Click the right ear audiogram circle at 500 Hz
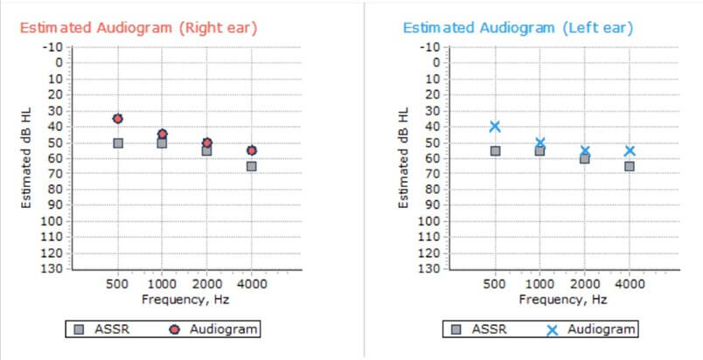pos(118,118)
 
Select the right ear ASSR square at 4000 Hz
pos(252,166)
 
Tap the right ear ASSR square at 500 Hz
pos(118,142)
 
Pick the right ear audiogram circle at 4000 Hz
pos(252,150)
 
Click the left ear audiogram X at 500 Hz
pos(495,127)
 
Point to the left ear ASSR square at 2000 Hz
pos(585,158)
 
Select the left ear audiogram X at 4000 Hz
pos(630,150)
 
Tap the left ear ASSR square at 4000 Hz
pos(630,166)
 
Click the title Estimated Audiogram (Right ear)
pos(138,27)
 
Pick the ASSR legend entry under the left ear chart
pos(472,329)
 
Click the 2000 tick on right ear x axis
pos(207,285)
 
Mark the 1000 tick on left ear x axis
pos(540,285)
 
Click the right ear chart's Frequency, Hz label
pos(185,300)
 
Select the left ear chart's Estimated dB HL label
pos(404,157)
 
